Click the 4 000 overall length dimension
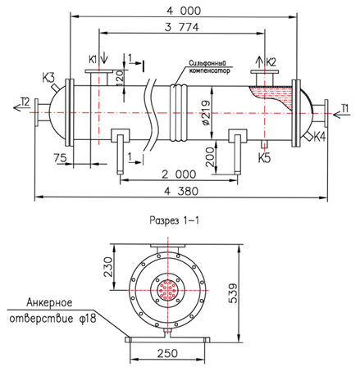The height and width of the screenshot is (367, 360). [x=184, y=11]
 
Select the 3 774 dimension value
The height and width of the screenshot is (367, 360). [x=182, y=27]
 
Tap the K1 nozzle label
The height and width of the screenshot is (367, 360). [x=93, y=59]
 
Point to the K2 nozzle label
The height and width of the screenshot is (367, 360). [x=271, y=62]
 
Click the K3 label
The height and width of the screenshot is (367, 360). [x=48, y=78]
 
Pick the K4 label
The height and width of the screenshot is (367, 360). [x=320, y=137]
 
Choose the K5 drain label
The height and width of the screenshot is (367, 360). [x=264, y=158]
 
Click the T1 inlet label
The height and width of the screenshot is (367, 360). [x=345, y=108]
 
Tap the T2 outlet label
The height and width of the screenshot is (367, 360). [x=25, y=102]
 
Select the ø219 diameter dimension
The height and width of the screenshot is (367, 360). [x=206, y=113]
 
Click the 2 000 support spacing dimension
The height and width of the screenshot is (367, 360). [x=179, y=174]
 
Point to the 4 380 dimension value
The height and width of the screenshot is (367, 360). [x=181, y=191]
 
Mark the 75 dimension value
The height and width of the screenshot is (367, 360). [x=60, y=157]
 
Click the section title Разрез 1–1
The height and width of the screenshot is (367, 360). [x=175, y=220]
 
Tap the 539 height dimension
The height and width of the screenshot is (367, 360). [x=233, y=292]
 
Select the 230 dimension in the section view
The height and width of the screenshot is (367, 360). [x=107, y=267]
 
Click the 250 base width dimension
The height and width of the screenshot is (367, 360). [x=167, y=353]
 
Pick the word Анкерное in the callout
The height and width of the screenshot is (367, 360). [x=50, y=302]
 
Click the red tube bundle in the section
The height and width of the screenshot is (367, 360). [x=168, y=290]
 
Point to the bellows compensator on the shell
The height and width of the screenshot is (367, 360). [x=179, y=112]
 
